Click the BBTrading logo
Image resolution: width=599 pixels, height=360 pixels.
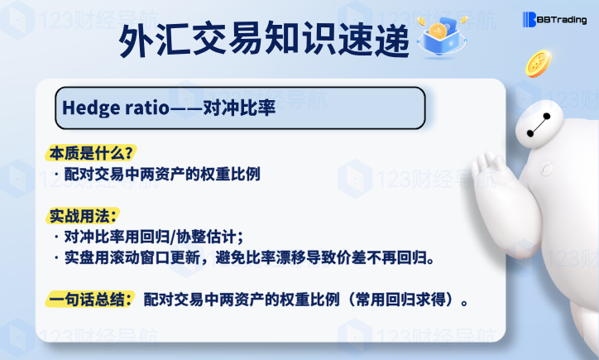click(554, 20)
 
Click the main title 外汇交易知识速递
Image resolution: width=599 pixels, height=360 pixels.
click(264, 40)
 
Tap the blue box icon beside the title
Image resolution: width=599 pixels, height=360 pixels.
click(442, 37)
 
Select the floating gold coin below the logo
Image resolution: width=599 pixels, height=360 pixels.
click(539, 64)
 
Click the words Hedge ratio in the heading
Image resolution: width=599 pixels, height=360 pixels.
click(115, 108)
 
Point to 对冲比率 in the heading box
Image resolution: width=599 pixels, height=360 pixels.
click(239, 108)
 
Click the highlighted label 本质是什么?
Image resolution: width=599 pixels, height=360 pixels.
click(91, 153)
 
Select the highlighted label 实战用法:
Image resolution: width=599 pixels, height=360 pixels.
click(83, 216)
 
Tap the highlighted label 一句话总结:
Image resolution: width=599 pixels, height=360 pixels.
click(90, 299)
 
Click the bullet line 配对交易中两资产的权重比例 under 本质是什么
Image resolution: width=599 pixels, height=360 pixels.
click(162, 175)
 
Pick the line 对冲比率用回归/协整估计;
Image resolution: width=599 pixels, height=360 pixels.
click(154, 237)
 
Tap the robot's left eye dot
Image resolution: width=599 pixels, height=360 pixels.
click(530, 133)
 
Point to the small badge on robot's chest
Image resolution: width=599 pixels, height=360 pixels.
click(547, 168)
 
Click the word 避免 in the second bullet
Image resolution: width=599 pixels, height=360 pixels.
click(230, 257)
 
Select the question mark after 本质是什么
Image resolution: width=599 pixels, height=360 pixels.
click(129, 153)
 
